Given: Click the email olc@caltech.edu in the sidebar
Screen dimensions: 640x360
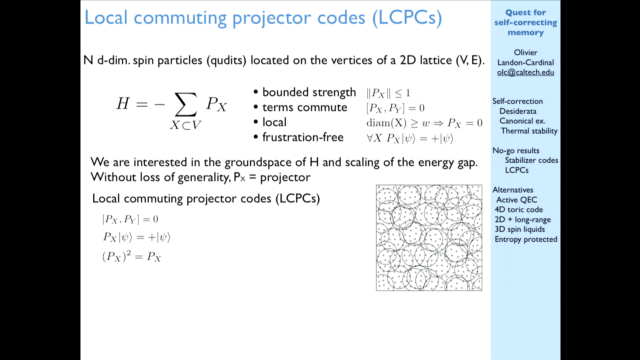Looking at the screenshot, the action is pos(526,72).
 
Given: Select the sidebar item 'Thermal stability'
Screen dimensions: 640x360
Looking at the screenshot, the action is pos(529,131).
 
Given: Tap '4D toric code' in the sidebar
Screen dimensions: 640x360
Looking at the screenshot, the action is pos(519,209).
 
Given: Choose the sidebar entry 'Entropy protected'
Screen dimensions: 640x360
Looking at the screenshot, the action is pos(526,239).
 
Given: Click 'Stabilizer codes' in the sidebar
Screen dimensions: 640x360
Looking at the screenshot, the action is pos(531,160).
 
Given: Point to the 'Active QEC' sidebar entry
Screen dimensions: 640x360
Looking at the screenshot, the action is pos(517,200).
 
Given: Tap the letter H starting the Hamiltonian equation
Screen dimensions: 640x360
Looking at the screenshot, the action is pos(123,103).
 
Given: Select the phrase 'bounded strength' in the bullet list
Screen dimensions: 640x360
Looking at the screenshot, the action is pos(309,92).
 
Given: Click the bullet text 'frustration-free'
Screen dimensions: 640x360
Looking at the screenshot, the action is pos(303,137).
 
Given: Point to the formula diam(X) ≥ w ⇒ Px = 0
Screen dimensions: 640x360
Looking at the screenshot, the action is pos(424,123).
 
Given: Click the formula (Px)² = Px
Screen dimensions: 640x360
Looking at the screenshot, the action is pos(132,256).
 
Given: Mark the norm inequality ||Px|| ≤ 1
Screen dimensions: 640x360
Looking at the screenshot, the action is pos(388,93).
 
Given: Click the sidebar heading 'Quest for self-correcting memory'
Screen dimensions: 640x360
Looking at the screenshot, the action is pos(526,22).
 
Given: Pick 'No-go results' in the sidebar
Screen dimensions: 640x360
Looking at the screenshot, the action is pos(516,151).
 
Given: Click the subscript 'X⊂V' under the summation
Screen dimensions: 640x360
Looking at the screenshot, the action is pos(186,125).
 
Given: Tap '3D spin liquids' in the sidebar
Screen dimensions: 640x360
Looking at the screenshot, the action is pos(520,229).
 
